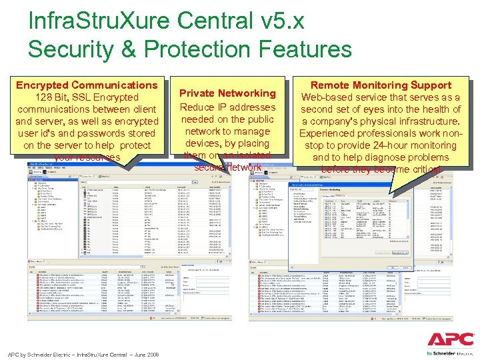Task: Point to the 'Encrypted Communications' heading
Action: click(87, 85)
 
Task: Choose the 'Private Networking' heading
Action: click(227, 93)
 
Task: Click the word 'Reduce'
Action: click(198, 107)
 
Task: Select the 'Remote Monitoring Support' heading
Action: click(381, 85)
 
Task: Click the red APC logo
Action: click(450, 339)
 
